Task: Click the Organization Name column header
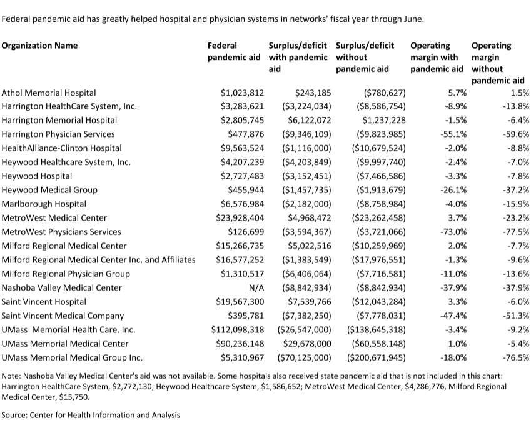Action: (39, 46)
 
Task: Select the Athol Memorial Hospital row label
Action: (48, 92)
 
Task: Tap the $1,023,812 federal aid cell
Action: (242, 92)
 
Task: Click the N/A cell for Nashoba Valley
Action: (256, 287)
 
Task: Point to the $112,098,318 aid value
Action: (238, 330)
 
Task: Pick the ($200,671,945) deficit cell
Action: (377, 357)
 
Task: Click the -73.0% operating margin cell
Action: (453, 232)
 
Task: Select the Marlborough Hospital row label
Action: (44, 204)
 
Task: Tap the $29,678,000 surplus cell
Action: (307, 344)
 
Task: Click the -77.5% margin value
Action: (516, 232)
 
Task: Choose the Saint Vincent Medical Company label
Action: (63, 316)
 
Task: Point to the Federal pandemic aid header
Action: (234, 51)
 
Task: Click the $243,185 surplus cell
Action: (313, 92)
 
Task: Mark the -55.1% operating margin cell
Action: (453, 134)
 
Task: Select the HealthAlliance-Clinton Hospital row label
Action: (61, 148)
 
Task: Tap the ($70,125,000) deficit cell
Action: (304, 357)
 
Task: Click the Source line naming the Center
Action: (91, 415)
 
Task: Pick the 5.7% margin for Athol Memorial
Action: (457, 92)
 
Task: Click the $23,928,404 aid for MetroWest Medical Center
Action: (240, 218)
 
